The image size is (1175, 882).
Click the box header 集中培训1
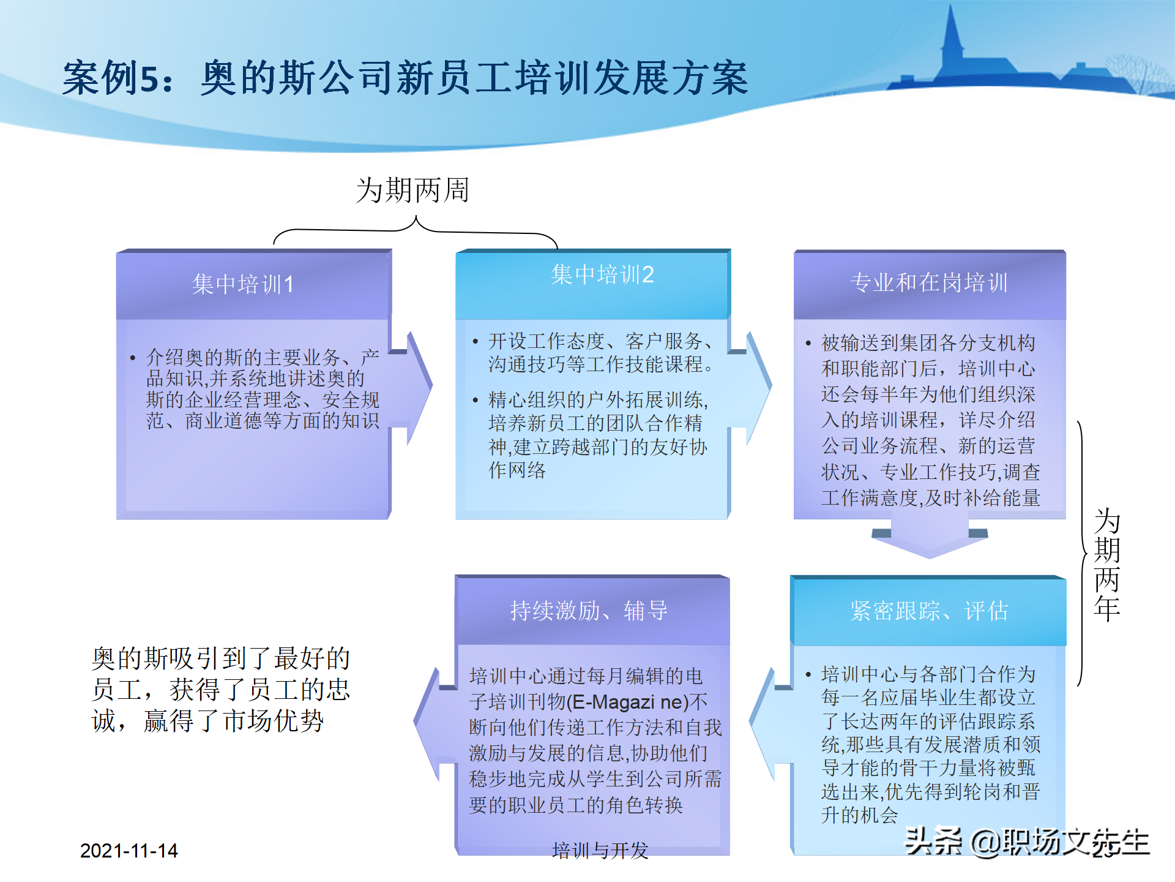point(243,284)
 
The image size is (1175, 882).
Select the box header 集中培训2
point(602,274)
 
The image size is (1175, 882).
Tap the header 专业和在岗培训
point(928,282)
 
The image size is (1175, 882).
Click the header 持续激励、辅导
point(589,611)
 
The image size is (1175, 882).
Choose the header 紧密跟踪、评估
point(928,611)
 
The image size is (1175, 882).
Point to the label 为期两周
point(412,190)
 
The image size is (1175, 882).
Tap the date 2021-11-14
point(129,851)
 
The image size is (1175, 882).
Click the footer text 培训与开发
point(600,850)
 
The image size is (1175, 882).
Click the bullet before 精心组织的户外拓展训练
point(476,401)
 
